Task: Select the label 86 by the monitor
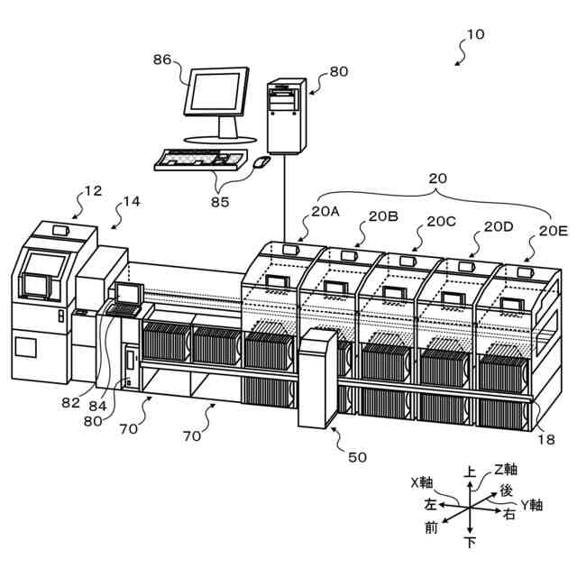[x=161, y=60]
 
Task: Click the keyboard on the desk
[x=199, y=160]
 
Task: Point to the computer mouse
[x=262, y=162]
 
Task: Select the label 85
[x=220, y=202]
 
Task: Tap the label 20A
[x=325, y=212]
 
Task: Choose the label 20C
[x=441, y=221]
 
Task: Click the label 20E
[x=553, y=230]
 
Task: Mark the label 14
[x=132, y=202]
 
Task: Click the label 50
[x=358, y=457]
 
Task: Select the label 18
[x=546, y=439]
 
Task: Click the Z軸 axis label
[x=505, y=469]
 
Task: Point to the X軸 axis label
[x=422, y=481]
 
